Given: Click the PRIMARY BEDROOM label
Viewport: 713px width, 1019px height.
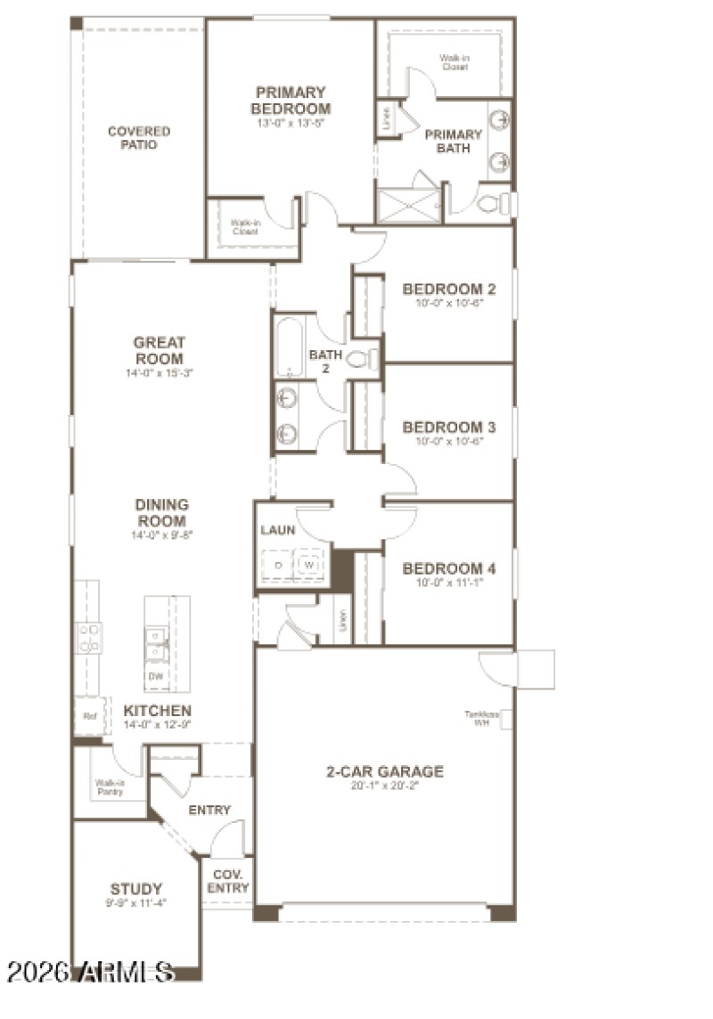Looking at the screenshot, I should [x=291, y=100].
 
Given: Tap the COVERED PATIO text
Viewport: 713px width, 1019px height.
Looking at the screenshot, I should [x=139, y=137].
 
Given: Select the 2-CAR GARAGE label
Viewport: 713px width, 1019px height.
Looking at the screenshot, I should [x=384, y=771].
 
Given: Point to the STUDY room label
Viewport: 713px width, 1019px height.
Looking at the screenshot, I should [x=136, y=888].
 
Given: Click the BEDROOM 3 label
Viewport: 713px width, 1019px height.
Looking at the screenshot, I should [x=448, y=427].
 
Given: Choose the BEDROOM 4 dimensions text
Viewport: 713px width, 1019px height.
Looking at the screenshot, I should [x=448, y=583].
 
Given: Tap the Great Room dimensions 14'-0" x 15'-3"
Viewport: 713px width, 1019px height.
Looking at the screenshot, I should [x=160, y=373].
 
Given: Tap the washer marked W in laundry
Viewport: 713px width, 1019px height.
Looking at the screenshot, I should [x=309, y=566].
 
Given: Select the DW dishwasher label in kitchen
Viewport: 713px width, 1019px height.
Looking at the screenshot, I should [x=156, y=676].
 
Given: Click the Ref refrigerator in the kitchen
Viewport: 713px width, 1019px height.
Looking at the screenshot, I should [x=88, y=715].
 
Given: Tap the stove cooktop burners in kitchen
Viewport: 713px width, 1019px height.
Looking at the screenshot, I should [x=89, y=640].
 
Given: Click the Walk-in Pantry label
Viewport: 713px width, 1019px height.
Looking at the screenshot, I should [x=109, y=787].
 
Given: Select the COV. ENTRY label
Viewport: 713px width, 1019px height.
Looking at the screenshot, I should [x=228, y=881].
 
